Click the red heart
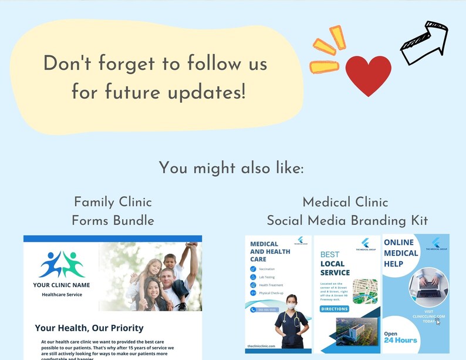[368, 76]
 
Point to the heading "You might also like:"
[232, 169]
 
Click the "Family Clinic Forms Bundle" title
[113, 211]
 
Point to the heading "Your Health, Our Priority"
[89, 328]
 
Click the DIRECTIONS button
[335, 309]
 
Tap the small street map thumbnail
[365, 292]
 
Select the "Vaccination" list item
[266, 269]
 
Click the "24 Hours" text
[401, 340]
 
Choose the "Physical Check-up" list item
[271, 292]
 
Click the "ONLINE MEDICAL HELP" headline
[401, 253]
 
